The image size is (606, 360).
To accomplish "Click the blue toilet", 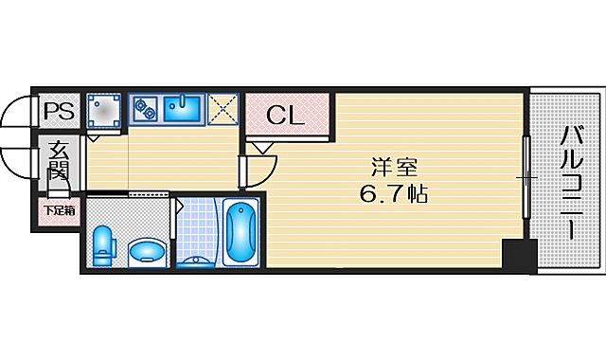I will pyautogui.click(x=104, y=245).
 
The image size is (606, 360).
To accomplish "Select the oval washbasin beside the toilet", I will pyautogui.click(x=146, y=250).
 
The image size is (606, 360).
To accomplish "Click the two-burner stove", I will pyautogui.click(x=145, y=111).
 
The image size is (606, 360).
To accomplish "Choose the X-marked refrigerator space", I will pyautogui.click(x=223, y=111).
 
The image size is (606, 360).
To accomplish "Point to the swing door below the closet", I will pyautogui.click(x=255, y=166).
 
